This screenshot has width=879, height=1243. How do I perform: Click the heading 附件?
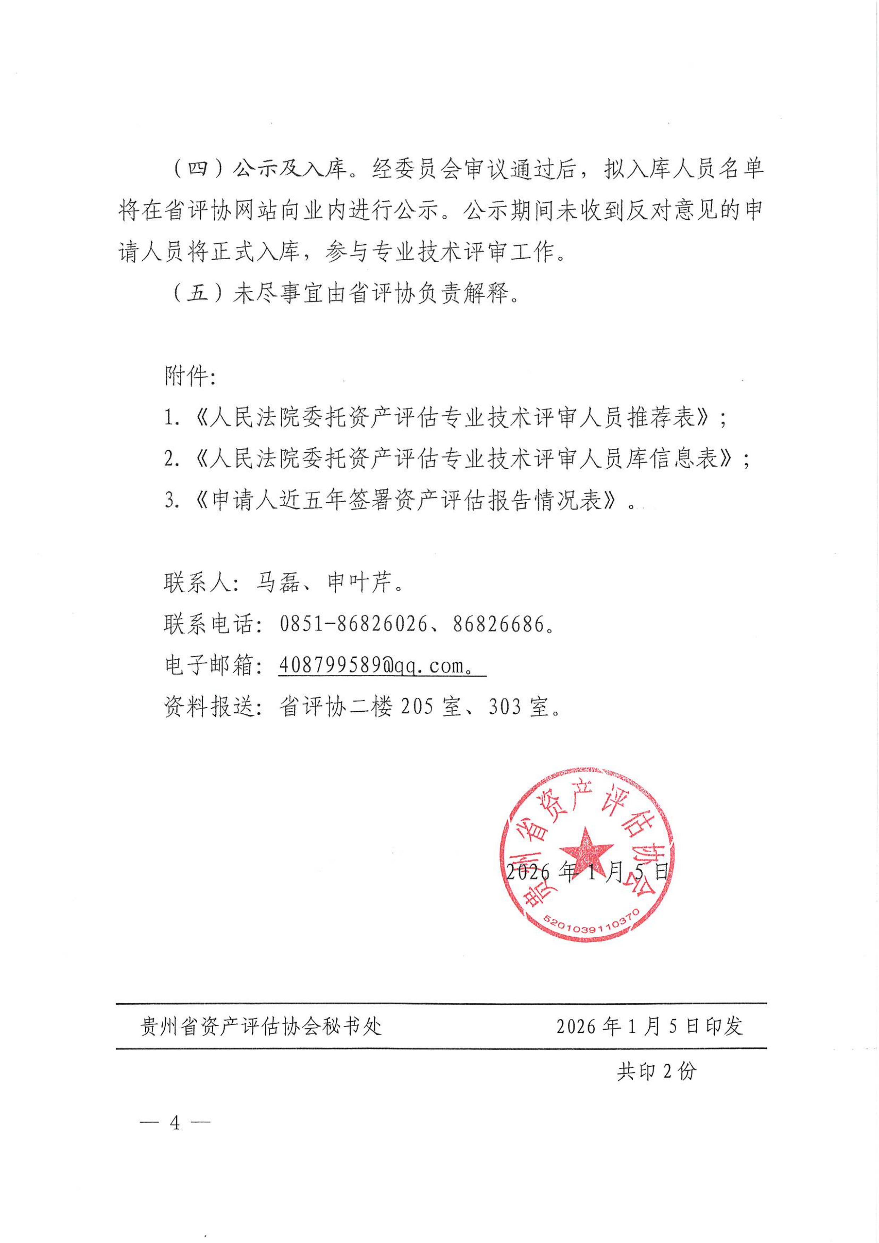[x=190, y=376]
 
